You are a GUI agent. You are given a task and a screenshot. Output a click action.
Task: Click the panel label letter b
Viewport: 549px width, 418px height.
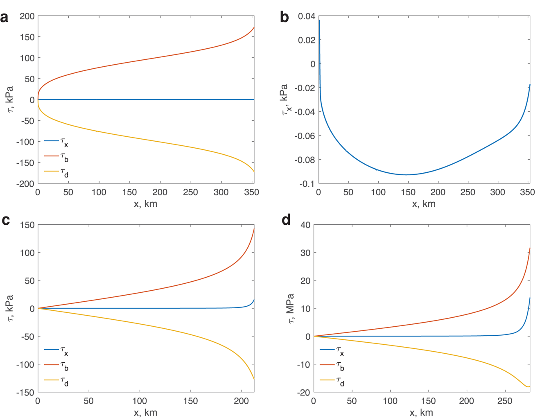click(285, 18)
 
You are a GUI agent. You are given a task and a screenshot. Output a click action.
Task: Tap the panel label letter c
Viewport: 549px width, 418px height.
click(6, 220)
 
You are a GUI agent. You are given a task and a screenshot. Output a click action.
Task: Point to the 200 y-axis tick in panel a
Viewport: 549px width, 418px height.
click(27, 16)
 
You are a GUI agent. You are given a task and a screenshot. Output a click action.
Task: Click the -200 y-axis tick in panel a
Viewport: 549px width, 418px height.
click(25, 184)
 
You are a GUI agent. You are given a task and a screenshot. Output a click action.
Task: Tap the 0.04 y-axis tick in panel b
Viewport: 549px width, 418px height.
click(307, 16)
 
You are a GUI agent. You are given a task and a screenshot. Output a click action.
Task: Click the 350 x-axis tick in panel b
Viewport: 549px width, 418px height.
click(528, 192)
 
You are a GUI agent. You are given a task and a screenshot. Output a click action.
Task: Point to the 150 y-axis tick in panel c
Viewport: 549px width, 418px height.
click(27, 225)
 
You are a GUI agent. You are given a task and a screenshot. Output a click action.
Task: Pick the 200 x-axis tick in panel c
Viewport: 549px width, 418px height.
click(241, 401)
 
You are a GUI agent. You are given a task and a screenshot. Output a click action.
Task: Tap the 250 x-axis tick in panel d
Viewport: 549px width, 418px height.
click(505, 401)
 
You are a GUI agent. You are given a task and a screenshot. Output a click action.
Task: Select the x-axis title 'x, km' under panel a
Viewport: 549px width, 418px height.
click(145, 204)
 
